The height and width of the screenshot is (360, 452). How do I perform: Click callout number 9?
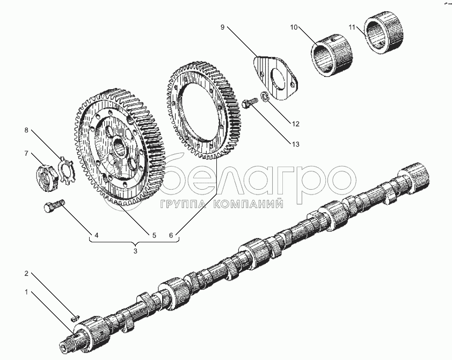coord(222,27)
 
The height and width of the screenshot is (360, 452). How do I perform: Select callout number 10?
coord(294,27)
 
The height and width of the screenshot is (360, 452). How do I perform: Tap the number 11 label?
coord(352,27)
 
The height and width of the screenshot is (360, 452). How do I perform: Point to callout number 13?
coord(296,144)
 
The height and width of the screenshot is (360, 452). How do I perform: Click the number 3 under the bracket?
coord(135,251)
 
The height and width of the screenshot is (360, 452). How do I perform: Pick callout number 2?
coord(26,273)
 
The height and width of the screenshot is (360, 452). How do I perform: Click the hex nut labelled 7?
coord(45,178)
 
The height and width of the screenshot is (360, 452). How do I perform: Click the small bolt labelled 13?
coord(250,103)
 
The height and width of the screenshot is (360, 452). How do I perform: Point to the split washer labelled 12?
coord(265,96)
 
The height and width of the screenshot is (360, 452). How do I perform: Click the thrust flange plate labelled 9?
coord(276,77)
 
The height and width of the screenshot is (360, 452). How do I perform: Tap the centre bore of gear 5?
coord(120,146)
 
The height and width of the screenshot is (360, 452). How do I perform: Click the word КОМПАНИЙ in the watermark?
coord(248,204)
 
